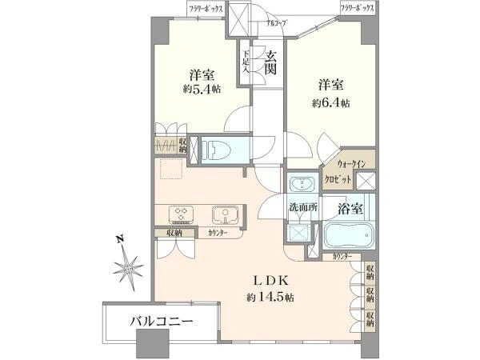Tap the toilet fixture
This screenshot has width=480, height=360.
(217, 150)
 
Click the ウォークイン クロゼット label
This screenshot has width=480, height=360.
(346, 171)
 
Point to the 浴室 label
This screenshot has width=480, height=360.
(350, 206)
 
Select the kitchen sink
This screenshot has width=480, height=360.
(223, 214)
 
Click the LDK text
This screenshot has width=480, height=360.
(266, 281)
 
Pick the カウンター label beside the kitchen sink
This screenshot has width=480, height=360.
(217, 233)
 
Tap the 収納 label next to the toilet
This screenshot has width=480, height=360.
(183, 146)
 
